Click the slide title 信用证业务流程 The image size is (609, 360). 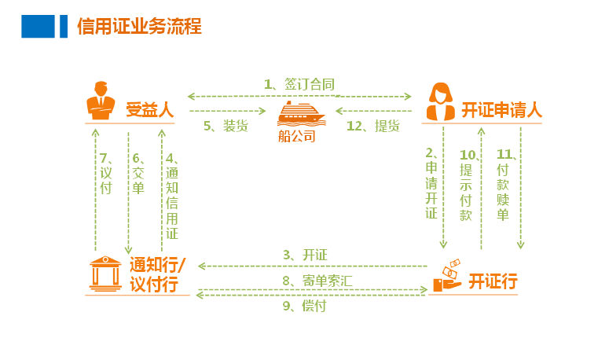pos(139,27)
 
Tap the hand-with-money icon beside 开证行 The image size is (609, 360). pos(446,275)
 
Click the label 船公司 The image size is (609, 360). pos(297,136)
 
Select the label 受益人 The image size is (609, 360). pos(149,109)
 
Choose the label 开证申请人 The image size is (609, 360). pos(501,110)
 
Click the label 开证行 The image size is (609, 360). pos(493,281)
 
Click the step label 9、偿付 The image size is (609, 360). pos(304,306)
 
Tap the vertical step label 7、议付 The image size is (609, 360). pos(105,172)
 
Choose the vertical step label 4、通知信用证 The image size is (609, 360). pos(171,195)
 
